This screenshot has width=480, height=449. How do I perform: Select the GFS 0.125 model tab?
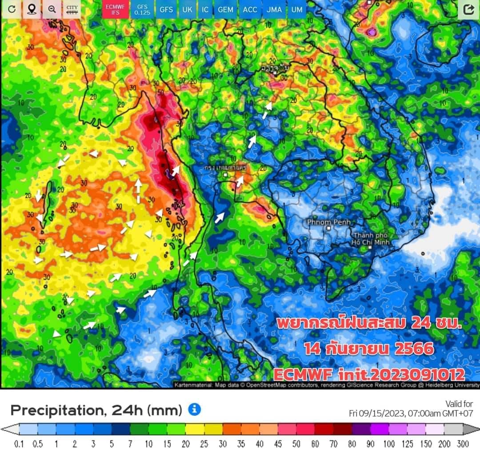coord(142,9)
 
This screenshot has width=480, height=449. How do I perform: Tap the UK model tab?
coord(188,9)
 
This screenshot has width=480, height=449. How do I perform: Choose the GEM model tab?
coord(225,9)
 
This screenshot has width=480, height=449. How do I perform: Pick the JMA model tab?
coord(274,9)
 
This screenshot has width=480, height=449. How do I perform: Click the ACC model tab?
coord(250,9)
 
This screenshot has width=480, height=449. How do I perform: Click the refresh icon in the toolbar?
coord(12,9)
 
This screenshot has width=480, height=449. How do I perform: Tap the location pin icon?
coord(32,9)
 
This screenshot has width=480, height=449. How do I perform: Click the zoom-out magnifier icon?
coord(52,9)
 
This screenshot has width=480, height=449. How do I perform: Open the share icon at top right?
coord(468,9)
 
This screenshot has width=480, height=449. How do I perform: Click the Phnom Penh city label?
coord(329,222)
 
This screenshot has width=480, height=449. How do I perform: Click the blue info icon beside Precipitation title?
coord(194,409)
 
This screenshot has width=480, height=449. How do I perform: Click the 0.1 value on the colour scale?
coord(19,444)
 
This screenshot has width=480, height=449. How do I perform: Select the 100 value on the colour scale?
coord(389,444)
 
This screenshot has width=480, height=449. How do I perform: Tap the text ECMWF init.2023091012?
coord(369,374)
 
